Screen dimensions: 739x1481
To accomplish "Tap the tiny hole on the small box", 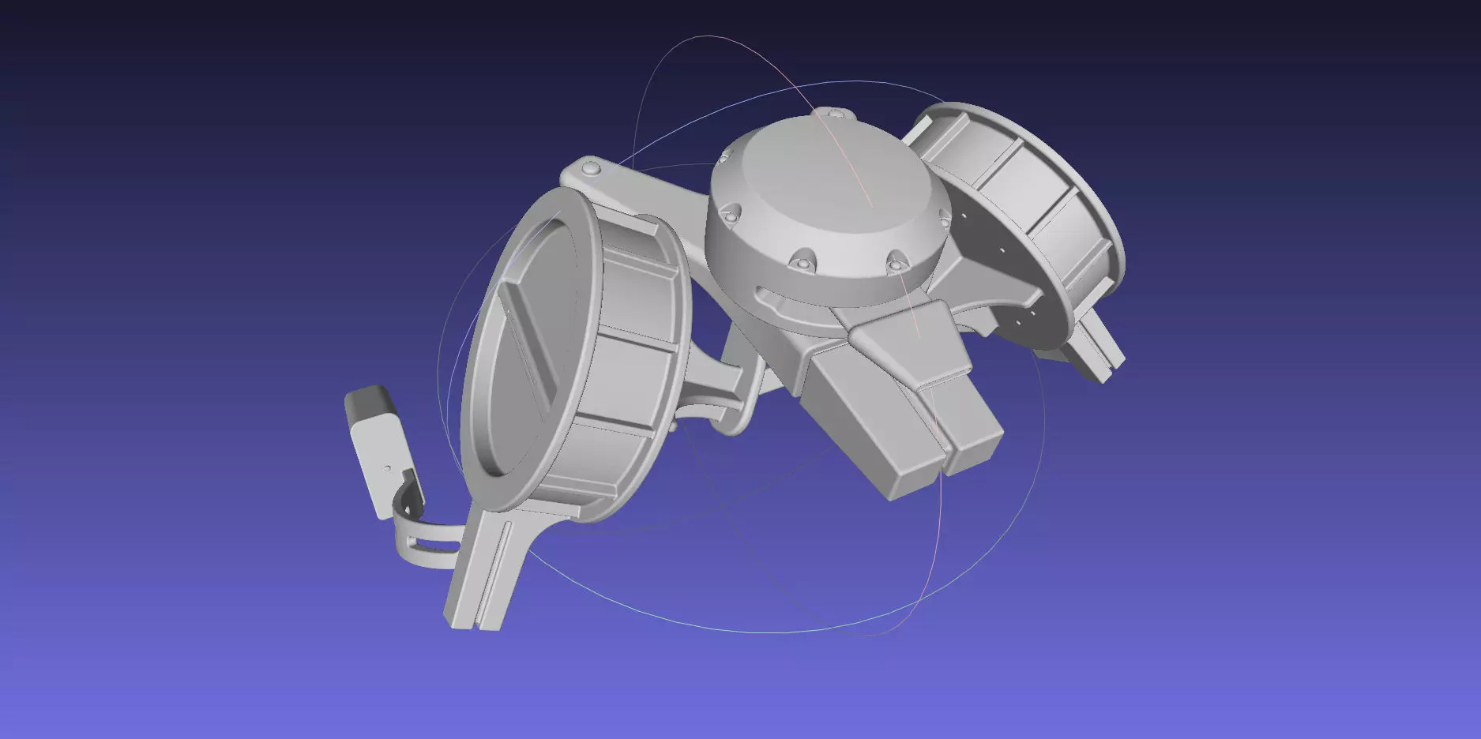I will click(x=387, y=467).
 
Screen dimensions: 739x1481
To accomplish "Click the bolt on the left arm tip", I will click(x=590, y=168).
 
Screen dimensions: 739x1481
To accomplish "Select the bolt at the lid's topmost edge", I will click(x=834, y=114).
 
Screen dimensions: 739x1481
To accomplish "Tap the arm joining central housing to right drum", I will click(x=987, y=284).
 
